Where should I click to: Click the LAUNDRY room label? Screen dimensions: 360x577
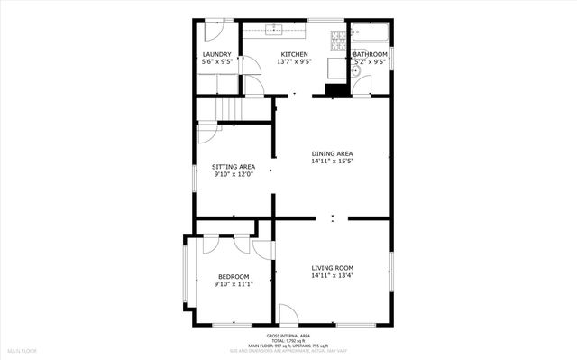pyautogui.click(x=217, y=55)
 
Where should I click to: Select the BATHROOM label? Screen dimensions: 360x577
pyautogui.click(x=370, y=55)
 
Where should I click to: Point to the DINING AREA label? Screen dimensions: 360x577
pyautogui.click(x=333, y=153)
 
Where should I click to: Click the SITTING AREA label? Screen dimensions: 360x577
pyautogui.click(x=234, y=167)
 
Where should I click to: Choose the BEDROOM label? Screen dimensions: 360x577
pyautogui.click(x=234, y=276)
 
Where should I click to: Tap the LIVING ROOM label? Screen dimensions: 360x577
pyautogui.click(x=333, y=268)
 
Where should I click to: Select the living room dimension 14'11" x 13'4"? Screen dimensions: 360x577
pyautogui.click(x=333, y=276)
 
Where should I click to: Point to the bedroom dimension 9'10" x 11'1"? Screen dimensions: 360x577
pyautogui.click(x=234, y=284)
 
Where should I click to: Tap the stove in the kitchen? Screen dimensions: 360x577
pyautogui.click(x=338, y=40)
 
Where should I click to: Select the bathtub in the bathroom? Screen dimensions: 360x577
pyautogui.click(x=371, y=34)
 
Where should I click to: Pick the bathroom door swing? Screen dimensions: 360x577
pyautogui.click(x=362, y=86)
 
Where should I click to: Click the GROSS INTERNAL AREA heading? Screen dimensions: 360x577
pyautogui.click(x=288, y=334)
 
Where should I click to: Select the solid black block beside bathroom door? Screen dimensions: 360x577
pyautogui.click(x=336, y=89)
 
